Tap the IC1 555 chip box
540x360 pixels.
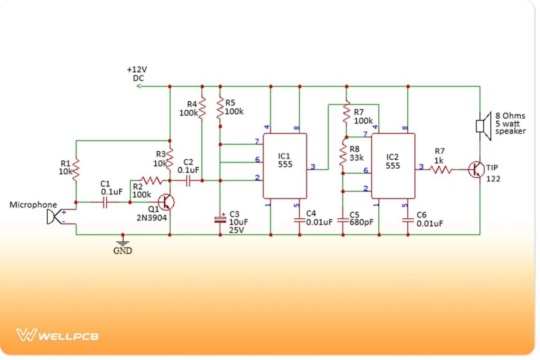284,166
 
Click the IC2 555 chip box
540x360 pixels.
392,166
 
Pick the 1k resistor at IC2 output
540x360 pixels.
441,170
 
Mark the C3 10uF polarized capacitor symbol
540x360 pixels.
220,220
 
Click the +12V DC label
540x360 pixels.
137,74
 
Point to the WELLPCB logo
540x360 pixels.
58,336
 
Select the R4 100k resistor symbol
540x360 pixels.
202,108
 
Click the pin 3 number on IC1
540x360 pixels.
313,167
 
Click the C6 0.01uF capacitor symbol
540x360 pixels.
407,220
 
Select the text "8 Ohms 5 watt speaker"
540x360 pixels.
510,123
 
